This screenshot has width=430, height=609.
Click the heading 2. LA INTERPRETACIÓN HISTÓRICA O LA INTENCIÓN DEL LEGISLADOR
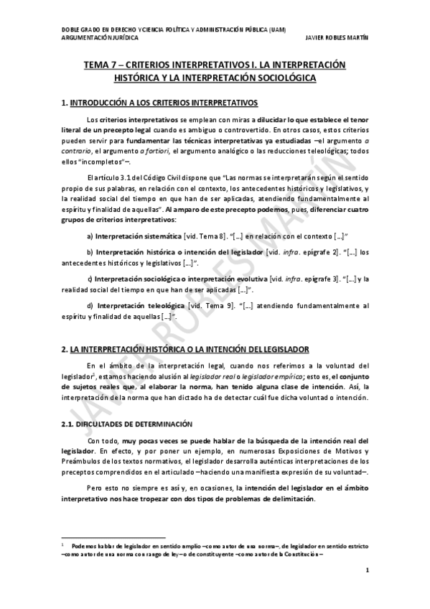185,349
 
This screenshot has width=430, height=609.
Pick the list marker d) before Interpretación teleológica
90,306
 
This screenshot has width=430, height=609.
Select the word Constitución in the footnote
301,553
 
